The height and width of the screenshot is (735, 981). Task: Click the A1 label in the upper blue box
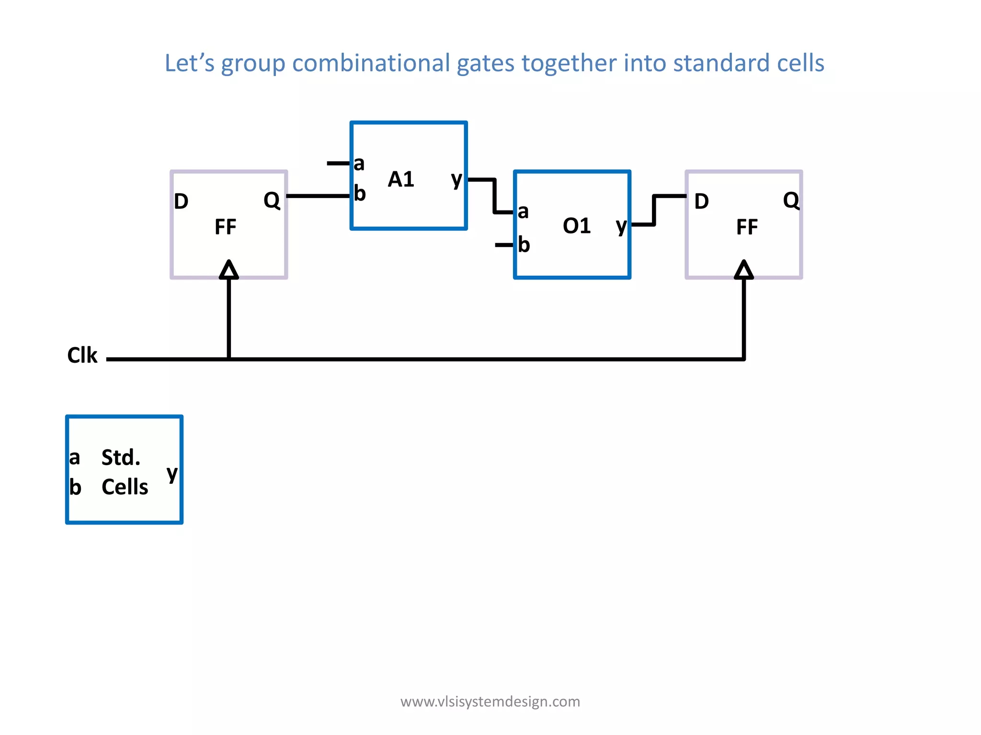[401, 179]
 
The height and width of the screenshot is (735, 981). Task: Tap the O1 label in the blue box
[577, 226]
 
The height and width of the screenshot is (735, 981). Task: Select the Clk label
[82, 356]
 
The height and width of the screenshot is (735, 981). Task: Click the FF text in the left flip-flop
[225, 227]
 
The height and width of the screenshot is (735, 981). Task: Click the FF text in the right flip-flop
[747, 227]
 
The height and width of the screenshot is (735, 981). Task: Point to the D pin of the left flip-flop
[181, 201]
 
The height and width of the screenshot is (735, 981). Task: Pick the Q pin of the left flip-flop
[272, 200]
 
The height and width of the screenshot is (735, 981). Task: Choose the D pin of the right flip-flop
[701, 201]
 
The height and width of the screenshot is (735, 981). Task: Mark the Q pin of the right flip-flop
[791, 200]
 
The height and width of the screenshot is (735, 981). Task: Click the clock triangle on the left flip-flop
[229, 270]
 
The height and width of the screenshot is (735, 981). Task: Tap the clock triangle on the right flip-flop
[744, 270]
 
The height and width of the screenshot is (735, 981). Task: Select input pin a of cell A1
[359, 164]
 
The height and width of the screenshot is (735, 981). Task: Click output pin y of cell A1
[456, 180]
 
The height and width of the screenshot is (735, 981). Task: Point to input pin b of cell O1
[524, 245]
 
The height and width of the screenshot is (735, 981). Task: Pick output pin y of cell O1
[621, 226]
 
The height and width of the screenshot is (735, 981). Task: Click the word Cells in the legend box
[125, 487]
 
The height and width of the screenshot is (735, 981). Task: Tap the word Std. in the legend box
[121, 457]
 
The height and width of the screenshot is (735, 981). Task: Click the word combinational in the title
[371, 63]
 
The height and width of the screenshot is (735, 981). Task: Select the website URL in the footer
[490, 702]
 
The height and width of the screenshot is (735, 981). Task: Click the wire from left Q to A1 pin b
[319, 196]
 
